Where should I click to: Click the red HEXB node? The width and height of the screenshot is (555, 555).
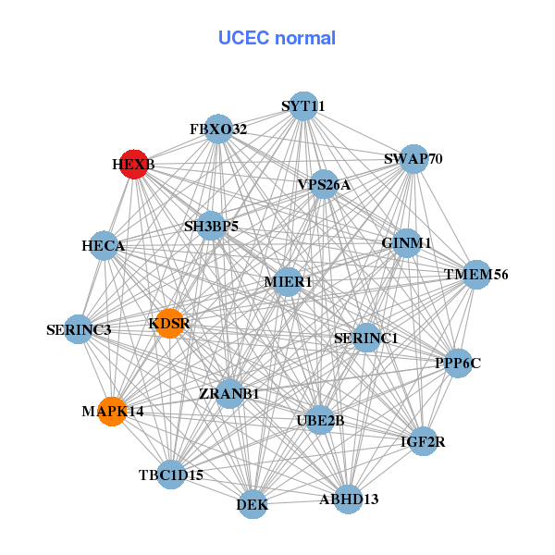(135, 164)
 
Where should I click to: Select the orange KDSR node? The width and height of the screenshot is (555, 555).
(169, 323)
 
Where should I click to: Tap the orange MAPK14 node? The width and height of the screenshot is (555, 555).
(112, 411)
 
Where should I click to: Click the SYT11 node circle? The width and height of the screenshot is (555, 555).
(303, 106)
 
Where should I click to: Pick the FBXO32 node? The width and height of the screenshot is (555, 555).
(218, 129)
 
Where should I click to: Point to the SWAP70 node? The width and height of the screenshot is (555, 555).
(413, 159)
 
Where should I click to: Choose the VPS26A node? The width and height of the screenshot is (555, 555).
(324, 185)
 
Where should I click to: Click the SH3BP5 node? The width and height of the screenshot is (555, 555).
(211, 226)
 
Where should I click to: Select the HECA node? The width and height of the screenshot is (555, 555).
(104, 246)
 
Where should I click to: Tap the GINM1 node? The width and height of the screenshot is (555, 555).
(407, 243)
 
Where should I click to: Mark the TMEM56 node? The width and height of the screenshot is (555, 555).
(475, 275)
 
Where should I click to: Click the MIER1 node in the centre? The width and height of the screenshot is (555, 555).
(288, 281)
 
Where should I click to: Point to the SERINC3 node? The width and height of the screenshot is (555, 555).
(79, 329)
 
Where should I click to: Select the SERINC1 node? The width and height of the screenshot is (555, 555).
(366, 339)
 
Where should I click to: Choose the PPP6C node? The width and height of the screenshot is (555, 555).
(458, 363)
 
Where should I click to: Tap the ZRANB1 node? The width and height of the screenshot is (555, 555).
(229, 394)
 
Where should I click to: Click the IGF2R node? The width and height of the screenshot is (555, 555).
(423, 441)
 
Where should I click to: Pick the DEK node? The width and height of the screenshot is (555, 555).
(253, 504)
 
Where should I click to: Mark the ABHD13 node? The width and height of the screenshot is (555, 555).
(349, 499)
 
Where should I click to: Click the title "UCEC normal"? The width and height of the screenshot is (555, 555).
(277, 38)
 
